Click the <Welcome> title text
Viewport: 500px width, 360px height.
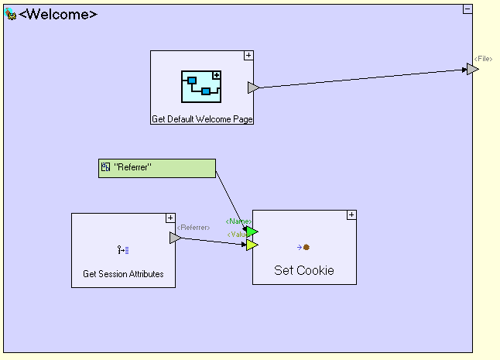point(58,14)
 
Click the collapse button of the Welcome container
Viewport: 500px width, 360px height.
point(467,9)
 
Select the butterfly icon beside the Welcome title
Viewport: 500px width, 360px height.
point(11,14)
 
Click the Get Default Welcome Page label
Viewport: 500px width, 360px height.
point(202,119)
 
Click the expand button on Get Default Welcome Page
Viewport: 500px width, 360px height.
point(248,55)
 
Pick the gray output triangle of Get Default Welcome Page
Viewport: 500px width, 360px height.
point(253,87)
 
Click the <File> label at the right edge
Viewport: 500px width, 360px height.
point(483,59)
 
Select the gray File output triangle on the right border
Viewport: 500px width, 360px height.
point(472,69)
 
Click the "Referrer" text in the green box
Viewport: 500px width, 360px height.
point(133,166)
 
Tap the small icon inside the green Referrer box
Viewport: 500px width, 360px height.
point(105,166)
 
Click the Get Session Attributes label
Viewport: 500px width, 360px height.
point(123,274)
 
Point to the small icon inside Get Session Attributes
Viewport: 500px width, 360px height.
point(123,249)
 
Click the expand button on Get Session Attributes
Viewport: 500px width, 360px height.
point(170,218)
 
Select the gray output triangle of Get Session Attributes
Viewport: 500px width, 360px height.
point(175,238)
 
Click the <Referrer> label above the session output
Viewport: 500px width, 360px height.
point(193,228)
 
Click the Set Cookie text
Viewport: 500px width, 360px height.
point(304,271)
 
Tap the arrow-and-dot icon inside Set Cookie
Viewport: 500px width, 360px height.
point(303,248)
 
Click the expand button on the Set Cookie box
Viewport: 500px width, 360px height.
point(351,214)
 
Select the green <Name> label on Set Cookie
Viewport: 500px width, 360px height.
point(238,221)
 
